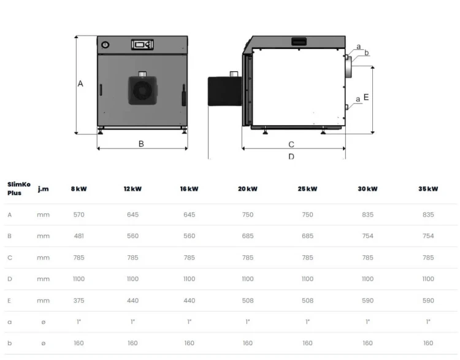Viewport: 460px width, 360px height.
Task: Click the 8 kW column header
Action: [79, 189]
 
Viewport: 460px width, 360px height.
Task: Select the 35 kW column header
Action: [428, 189]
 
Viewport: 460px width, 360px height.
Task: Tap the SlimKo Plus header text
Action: [19, 189]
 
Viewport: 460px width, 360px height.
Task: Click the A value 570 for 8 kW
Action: [79, 215]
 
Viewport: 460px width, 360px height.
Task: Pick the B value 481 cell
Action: [79, 236]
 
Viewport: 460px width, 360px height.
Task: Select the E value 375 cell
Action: [79, 301]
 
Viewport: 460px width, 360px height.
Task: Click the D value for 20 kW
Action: [248, 279]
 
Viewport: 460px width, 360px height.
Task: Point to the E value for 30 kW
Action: [367, 301]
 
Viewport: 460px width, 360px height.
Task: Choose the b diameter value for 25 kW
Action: [307, 343]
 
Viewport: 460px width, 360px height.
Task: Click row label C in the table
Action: [10, 258]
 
